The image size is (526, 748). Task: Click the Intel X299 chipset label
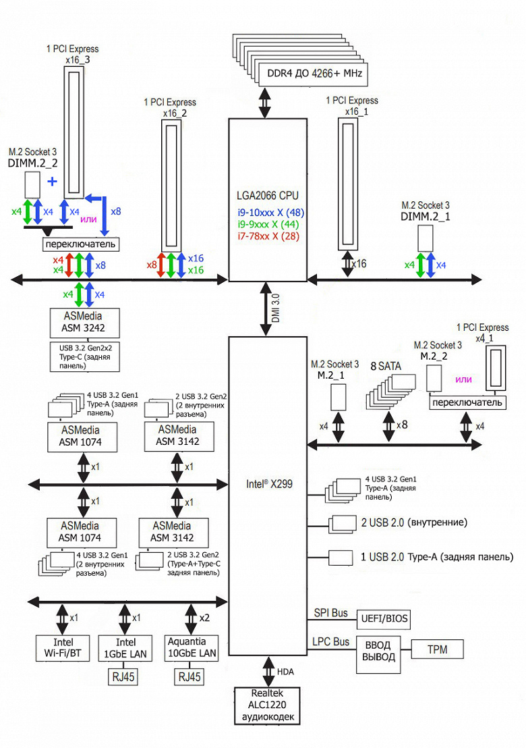pyautogui.click(x=268, y=483)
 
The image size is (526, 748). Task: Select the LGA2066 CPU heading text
pyautogui.click(x=268, y=195)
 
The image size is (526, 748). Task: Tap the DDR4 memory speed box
pyautogui.click(x=314, y=74)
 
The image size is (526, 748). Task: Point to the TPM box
pyautogui.click(x=436, y=649)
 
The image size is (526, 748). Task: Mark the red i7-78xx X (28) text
pyautogui.click(x=268, y=236)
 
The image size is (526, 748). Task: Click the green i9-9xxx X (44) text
pyautogui.click(x=268, y=223)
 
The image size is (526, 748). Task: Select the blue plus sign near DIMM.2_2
pyautogui.click(x=52, y=182)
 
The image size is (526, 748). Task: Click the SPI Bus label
pyautogui.click(x=330, y=613)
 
